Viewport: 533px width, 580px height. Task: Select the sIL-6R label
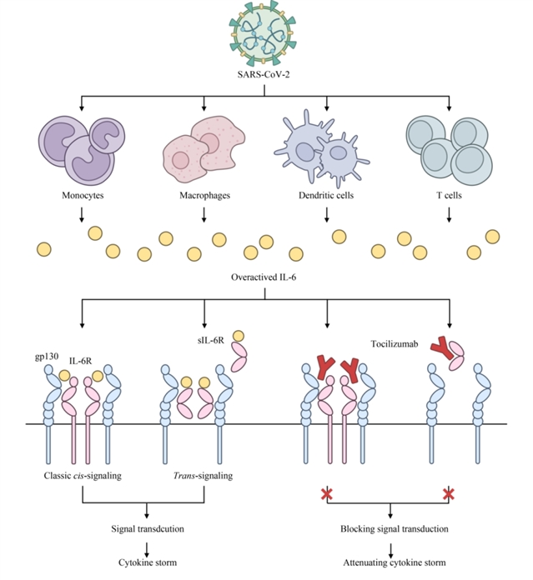click(199, 341)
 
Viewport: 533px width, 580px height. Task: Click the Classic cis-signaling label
click(83, 476)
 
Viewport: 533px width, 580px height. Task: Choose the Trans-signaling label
click(204, 476)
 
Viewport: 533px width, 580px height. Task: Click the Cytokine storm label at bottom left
click(147, 565)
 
